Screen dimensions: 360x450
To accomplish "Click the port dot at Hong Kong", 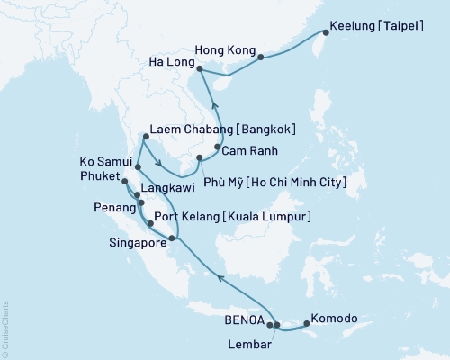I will tap(260, 58).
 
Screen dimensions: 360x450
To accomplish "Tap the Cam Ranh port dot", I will tap(218, 147).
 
